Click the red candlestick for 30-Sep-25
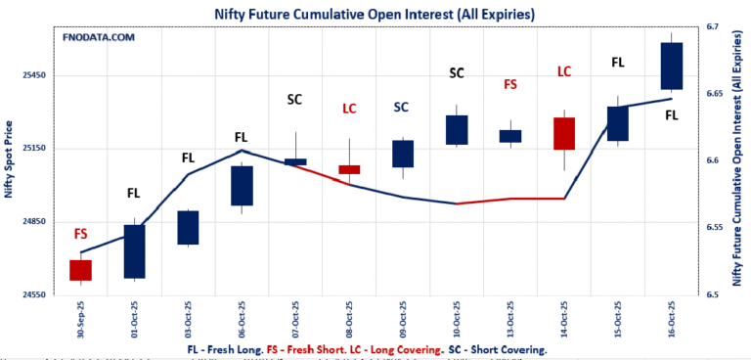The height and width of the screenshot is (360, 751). click(x=80, y=270)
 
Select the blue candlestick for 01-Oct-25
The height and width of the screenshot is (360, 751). click(x=134, y=251)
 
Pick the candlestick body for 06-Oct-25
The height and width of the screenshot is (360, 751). click(x=242, y=186)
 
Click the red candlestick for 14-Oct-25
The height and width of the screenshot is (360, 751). click(x=564, y=133)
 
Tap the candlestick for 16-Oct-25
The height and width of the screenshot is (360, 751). click(x=671, y=66)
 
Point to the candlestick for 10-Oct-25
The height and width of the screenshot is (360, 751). click(x=457, y=130)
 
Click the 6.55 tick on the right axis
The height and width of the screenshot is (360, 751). click(x=714, y=227)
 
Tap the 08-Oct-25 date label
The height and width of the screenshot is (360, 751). click(x=349, y=320)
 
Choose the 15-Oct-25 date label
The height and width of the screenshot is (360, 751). click(x=618, y=320)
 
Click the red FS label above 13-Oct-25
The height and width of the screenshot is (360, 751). click(x=510, y=85)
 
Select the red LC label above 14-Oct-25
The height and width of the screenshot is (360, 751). click(x=564, y=71)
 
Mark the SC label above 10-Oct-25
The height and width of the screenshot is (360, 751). click(x=457, y=72)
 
